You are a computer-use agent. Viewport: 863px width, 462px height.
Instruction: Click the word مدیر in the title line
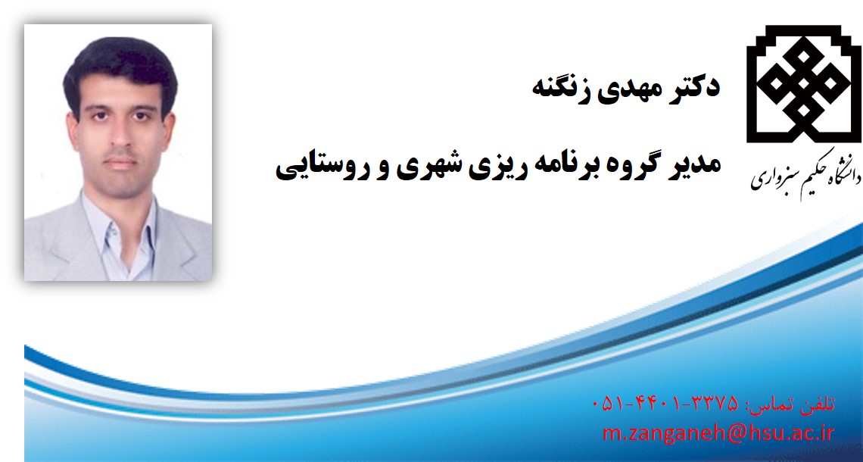(x=693, y=164)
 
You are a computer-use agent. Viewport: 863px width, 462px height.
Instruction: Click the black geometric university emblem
(x=803, y=84)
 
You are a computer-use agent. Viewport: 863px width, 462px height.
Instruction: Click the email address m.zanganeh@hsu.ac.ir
(x=719, y=432)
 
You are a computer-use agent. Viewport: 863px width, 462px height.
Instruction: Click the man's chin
(x=122, y=185)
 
